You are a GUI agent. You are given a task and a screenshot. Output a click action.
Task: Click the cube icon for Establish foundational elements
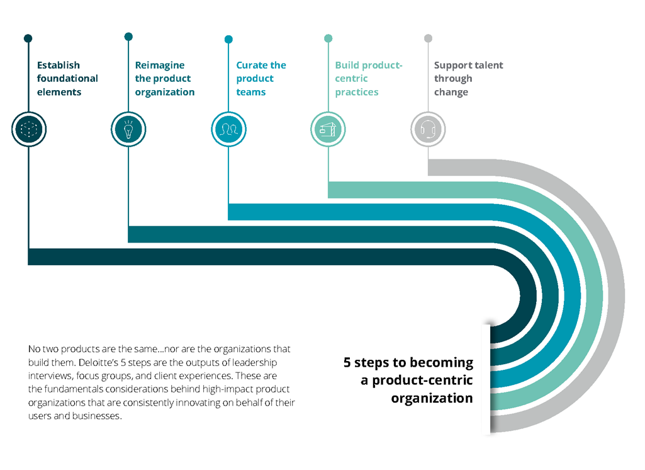click(x=29, y=129)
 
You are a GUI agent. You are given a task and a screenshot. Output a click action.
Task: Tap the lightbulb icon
click(x=128, y=129)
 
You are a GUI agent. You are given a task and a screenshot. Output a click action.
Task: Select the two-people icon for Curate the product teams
click(x=228, y=130)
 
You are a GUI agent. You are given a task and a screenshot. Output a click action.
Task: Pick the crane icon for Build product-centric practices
click(x=328, y=130)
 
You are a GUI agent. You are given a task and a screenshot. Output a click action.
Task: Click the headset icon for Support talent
click(x=428, y=130)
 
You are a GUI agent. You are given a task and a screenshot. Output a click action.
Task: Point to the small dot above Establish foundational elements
click(x=28, y=39)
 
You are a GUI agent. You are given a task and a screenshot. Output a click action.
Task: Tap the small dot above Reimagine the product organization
click(x=128, y=37)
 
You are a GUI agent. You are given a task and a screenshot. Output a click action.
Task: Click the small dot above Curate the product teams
click(x=228, y=39)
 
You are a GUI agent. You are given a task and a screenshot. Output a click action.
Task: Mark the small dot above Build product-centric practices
click(x=328, y=38)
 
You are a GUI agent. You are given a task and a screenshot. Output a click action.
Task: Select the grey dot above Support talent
click(x=428, y=38)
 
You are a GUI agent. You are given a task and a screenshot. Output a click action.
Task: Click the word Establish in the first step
click(x=59, y=65)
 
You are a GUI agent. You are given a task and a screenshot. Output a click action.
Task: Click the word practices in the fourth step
click(x=357, y=92)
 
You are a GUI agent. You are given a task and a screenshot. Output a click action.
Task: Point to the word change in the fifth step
click(x=451, y=92)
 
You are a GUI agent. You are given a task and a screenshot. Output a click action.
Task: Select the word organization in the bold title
click(x=432, y=398)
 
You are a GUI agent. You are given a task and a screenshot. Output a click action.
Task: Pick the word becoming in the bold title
click(x=440, y=363)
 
